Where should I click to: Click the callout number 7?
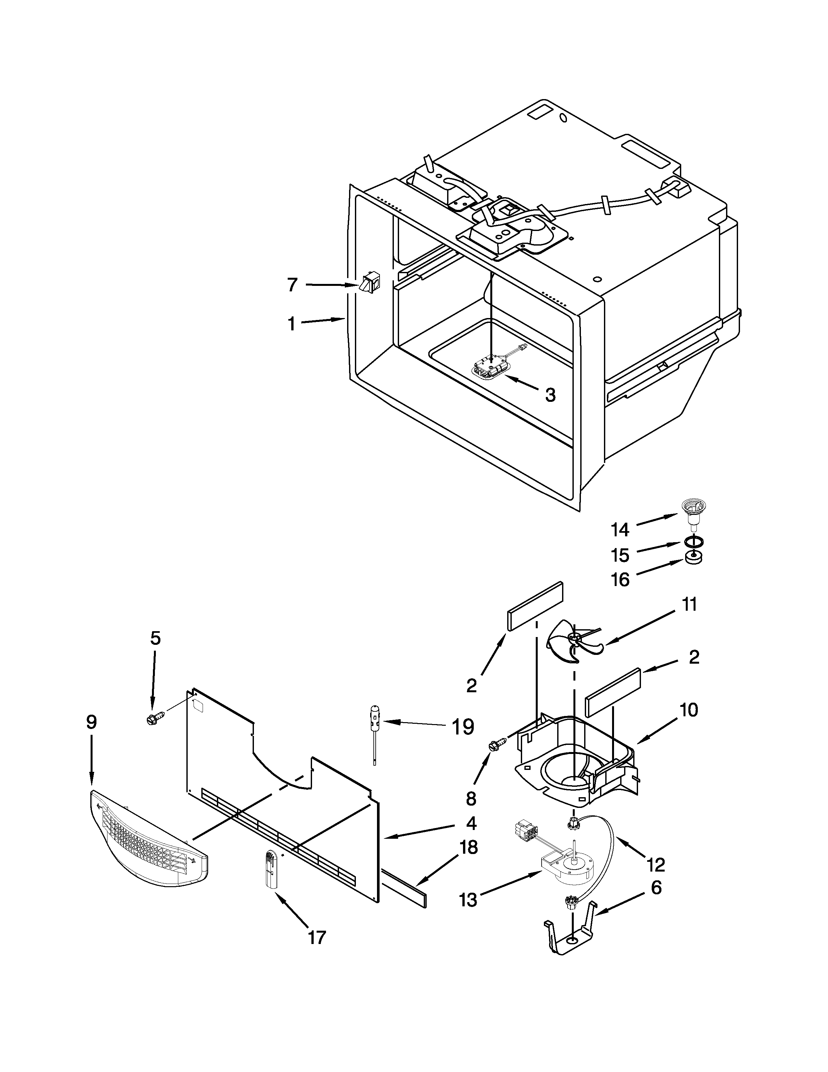pos(292,285)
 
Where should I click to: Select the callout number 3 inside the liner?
pos(550,395)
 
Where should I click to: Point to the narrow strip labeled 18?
pos(404,887)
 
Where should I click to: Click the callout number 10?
pos(689,710)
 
